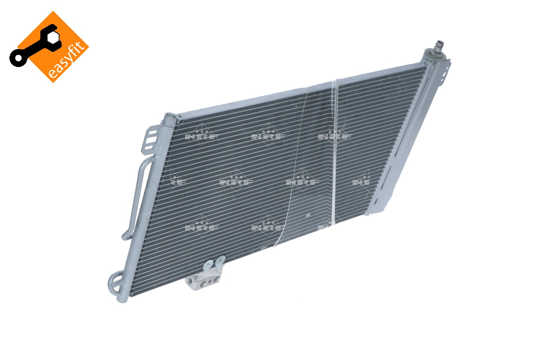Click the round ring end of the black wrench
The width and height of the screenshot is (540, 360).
[19, 58]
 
